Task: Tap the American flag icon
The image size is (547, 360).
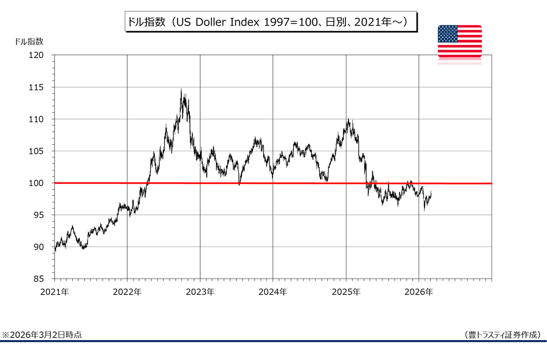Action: (x=459, y=42)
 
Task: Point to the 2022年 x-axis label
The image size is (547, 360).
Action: (x=127, y=292)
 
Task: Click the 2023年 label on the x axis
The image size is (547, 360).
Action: (x=200, y=292)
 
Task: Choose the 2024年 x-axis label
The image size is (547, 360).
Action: (x=272, y=292)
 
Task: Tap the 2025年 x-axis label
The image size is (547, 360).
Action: (x=346, y=292)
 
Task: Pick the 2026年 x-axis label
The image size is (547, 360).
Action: (x=419, y=292)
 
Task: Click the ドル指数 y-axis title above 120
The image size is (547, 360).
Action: (x=30, y=41)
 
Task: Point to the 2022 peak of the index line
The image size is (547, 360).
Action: (x=181, y=91)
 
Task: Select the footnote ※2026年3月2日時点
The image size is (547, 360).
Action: (x=42, y=335)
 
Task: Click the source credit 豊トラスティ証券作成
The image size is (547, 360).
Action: (x=503, y=335)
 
